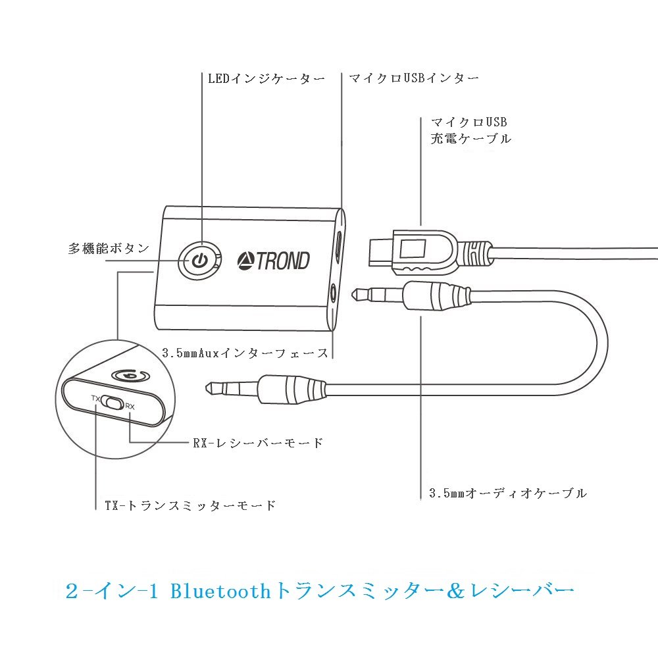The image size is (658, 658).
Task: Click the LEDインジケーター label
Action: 266,79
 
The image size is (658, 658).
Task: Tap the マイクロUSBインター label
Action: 413,78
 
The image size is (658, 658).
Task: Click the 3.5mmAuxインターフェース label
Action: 245,353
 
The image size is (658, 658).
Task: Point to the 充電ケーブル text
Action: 470,139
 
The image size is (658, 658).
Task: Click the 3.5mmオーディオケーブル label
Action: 507,493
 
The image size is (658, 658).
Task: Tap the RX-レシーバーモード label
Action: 258,443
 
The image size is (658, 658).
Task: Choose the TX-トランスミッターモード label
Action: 190,506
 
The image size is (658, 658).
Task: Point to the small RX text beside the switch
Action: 130,406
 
